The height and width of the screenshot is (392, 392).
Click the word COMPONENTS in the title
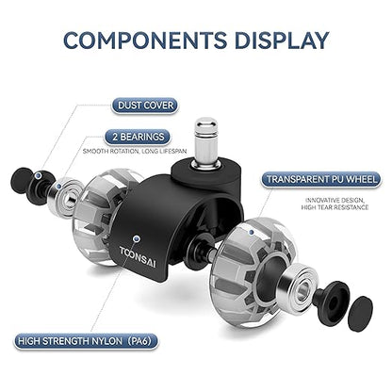click(x=145, y=41)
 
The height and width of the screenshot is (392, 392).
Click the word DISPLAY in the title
click(x=282, y=41)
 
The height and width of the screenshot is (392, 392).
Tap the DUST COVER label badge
click(x=145, y=106)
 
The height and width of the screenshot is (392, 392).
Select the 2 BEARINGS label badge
click(x=138, y=138)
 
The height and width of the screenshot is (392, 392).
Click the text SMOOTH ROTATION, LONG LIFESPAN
click(x=135, y=152)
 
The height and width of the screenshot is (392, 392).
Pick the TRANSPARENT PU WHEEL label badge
click(x=321, y=180)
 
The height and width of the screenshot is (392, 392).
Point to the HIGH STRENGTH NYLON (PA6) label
click(x=86, y=341)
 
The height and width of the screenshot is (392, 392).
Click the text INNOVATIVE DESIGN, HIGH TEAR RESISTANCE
click(x=335, y=204)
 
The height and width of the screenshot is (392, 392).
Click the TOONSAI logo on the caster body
click(x=138, y=257)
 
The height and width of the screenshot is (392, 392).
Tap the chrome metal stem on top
click(x=205, y=140)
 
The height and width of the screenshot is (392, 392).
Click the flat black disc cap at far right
click(x=361, y=314)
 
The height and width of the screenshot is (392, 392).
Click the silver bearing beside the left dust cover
click(x=65, y=196)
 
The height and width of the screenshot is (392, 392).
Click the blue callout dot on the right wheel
click(x=251, y=232)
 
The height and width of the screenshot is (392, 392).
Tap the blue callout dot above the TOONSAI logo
click(x=136, y=238)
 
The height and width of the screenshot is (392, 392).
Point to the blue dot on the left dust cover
click(x=39, y=175)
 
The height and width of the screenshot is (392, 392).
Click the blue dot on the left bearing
click(x=58, y=186)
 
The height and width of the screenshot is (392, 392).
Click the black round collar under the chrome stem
click(x=206, y=171)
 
